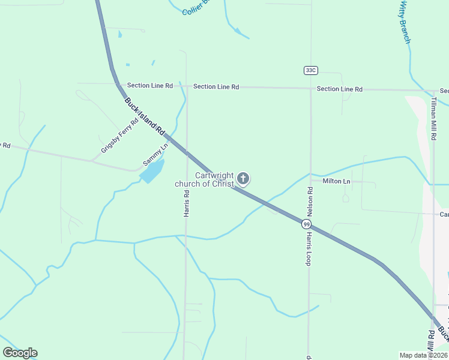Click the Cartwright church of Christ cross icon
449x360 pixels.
point(243,178)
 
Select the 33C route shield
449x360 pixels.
point(310,70)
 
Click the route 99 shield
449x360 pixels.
point(307,224)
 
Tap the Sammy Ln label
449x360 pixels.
point(155,155)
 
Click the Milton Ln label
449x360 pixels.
point(336,181)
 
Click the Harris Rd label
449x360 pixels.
point(187,204)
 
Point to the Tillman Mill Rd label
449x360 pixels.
point(433,119)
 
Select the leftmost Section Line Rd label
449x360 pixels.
point(149,86)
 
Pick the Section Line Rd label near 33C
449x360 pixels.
point(339,89)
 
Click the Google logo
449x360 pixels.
point(20,353)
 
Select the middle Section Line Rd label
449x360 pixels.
point(216,87)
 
